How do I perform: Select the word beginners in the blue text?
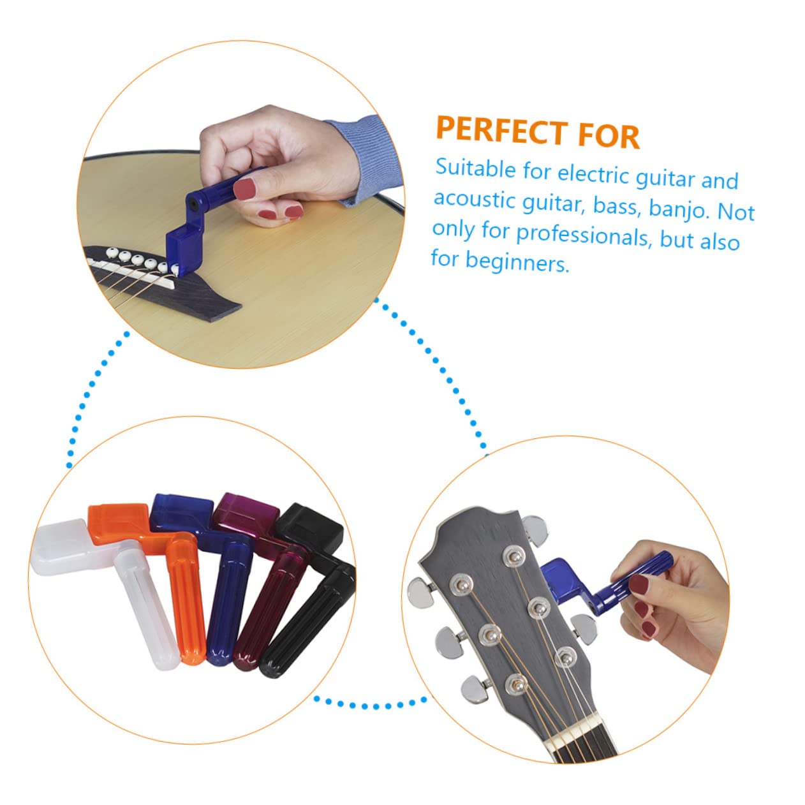tap(516, 262)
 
